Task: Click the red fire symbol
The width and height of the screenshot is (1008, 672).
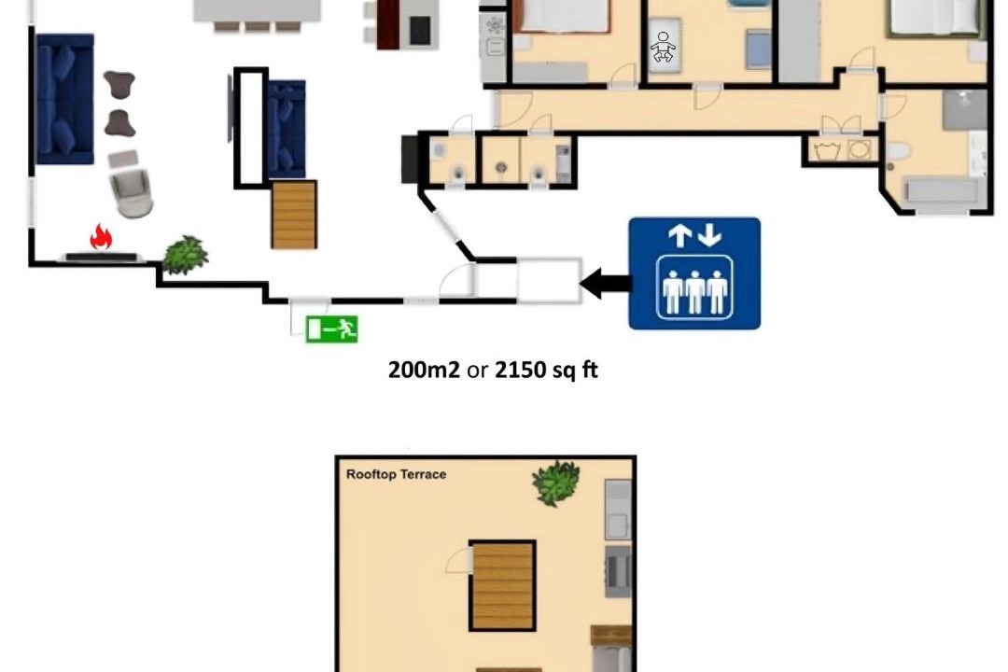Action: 101,237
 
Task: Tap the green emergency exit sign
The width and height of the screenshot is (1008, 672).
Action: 331,329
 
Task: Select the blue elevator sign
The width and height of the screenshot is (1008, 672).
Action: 694,273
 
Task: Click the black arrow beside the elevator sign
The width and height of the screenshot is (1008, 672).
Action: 605,284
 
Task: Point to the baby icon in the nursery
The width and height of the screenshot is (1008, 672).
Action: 663,47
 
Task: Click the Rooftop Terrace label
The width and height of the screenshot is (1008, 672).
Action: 396,474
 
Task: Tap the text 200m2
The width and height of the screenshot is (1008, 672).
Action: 425,370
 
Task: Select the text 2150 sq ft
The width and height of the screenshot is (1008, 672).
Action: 546,370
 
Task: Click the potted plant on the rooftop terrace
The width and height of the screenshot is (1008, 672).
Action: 555,483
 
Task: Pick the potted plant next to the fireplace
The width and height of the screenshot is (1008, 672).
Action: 185,256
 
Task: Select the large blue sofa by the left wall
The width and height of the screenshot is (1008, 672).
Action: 65,99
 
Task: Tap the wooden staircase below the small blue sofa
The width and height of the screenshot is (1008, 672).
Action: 294,215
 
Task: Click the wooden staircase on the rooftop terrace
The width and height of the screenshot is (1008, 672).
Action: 503,585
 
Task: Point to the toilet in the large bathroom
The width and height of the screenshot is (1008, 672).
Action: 898,152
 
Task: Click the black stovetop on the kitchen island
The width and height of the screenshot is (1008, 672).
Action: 420,30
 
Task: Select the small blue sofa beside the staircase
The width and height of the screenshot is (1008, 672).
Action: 287,129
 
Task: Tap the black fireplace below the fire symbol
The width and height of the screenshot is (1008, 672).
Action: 102,258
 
